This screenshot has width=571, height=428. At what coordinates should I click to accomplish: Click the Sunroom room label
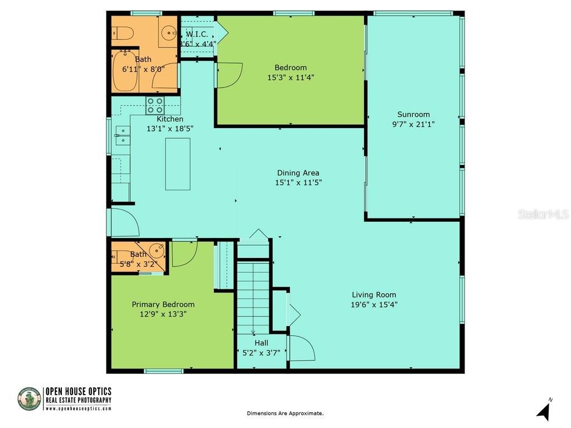pyautogui.click(x=413, y=114)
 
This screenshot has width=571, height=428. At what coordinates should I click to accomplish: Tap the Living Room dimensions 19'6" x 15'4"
pyautogui.click(x=374, y=304)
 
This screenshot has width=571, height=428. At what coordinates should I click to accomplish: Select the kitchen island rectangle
pyautogui.click(x=178, y=164)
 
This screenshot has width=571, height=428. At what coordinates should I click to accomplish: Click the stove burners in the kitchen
pyautogui.click(x=156, y=105)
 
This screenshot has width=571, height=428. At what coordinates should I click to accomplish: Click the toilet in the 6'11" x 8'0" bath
pyautogui.click(x=122, y=34)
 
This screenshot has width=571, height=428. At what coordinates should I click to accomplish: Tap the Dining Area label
pyautogui.click(x=298, y=173)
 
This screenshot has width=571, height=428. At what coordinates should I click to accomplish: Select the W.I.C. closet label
pyautogui.click(x=197, y=34)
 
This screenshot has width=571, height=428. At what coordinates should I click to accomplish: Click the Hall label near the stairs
pyautogui.click(x=261, y=343)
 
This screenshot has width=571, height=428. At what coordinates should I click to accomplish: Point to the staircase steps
pyautogui.click(x=254, y=295)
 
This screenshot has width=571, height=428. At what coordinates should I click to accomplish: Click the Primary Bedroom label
pyautogui.click(x=163, y=304)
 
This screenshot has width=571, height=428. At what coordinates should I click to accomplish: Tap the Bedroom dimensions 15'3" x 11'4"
pyautogui.click(x=291, y=77)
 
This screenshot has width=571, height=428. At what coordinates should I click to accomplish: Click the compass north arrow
pyautogui.click(x=544, y=411)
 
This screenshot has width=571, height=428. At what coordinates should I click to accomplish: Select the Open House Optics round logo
pyautogui.click(x=29, y=399)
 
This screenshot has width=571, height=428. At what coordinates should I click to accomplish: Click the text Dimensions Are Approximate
pyautogui.click(x=285, y=413)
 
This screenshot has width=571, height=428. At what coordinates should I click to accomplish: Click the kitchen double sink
pyautogui.click(x=123, y=135)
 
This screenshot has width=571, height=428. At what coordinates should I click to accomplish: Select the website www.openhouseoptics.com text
pyautogui.click(x=78, y=408)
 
